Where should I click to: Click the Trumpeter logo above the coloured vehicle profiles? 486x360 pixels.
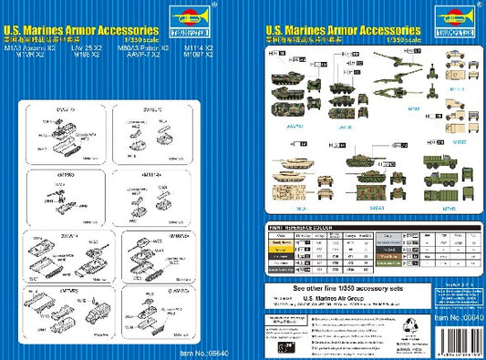pyautogui.click(x=452, y=15)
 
